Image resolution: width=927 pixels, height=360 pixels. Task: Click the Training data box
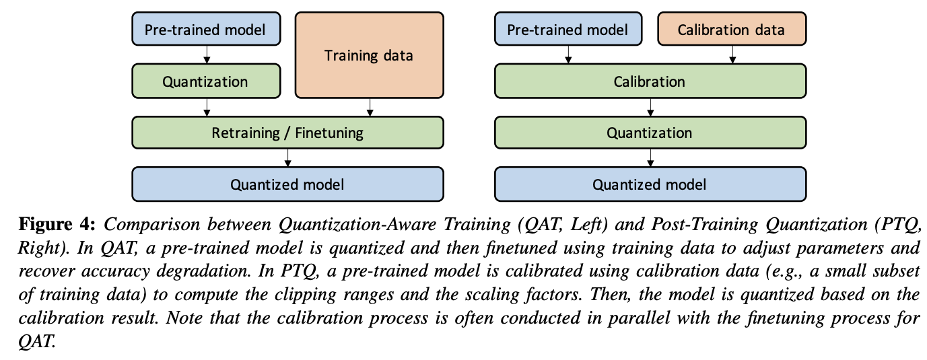369,55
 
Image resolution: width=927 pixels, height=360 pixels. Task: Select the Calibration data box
730,30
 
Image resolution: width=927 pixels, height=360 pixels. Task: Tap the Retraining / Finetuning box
287,133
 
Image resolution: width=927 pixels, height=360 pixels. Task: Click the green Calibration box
650,82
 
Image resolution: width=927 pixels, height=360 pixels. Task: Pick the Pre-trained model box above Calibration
567,30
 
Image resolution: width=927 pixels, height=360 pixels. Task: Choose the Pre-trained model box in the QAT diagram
205,30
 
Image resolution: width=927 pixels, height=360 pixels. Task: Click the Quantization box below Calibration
650,133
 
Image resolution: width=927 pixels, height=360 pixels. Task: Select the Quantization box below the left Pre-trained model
205,82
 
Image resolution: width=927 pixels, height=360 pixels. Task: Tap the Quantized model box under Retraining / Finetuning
287,184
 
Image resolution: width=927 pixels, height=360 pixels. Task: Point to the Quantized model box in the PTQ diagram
650,184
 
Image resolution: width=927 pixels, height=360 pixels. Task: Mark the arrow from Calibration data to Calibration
732,56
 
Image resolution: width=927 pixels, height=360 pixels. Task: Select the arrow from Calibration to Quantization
650,107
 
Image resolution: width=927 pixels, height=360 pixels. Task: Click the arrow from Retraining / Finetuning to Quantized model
288,157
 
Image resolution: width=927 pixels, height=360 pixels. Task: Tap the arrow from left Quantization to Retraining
206,107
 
